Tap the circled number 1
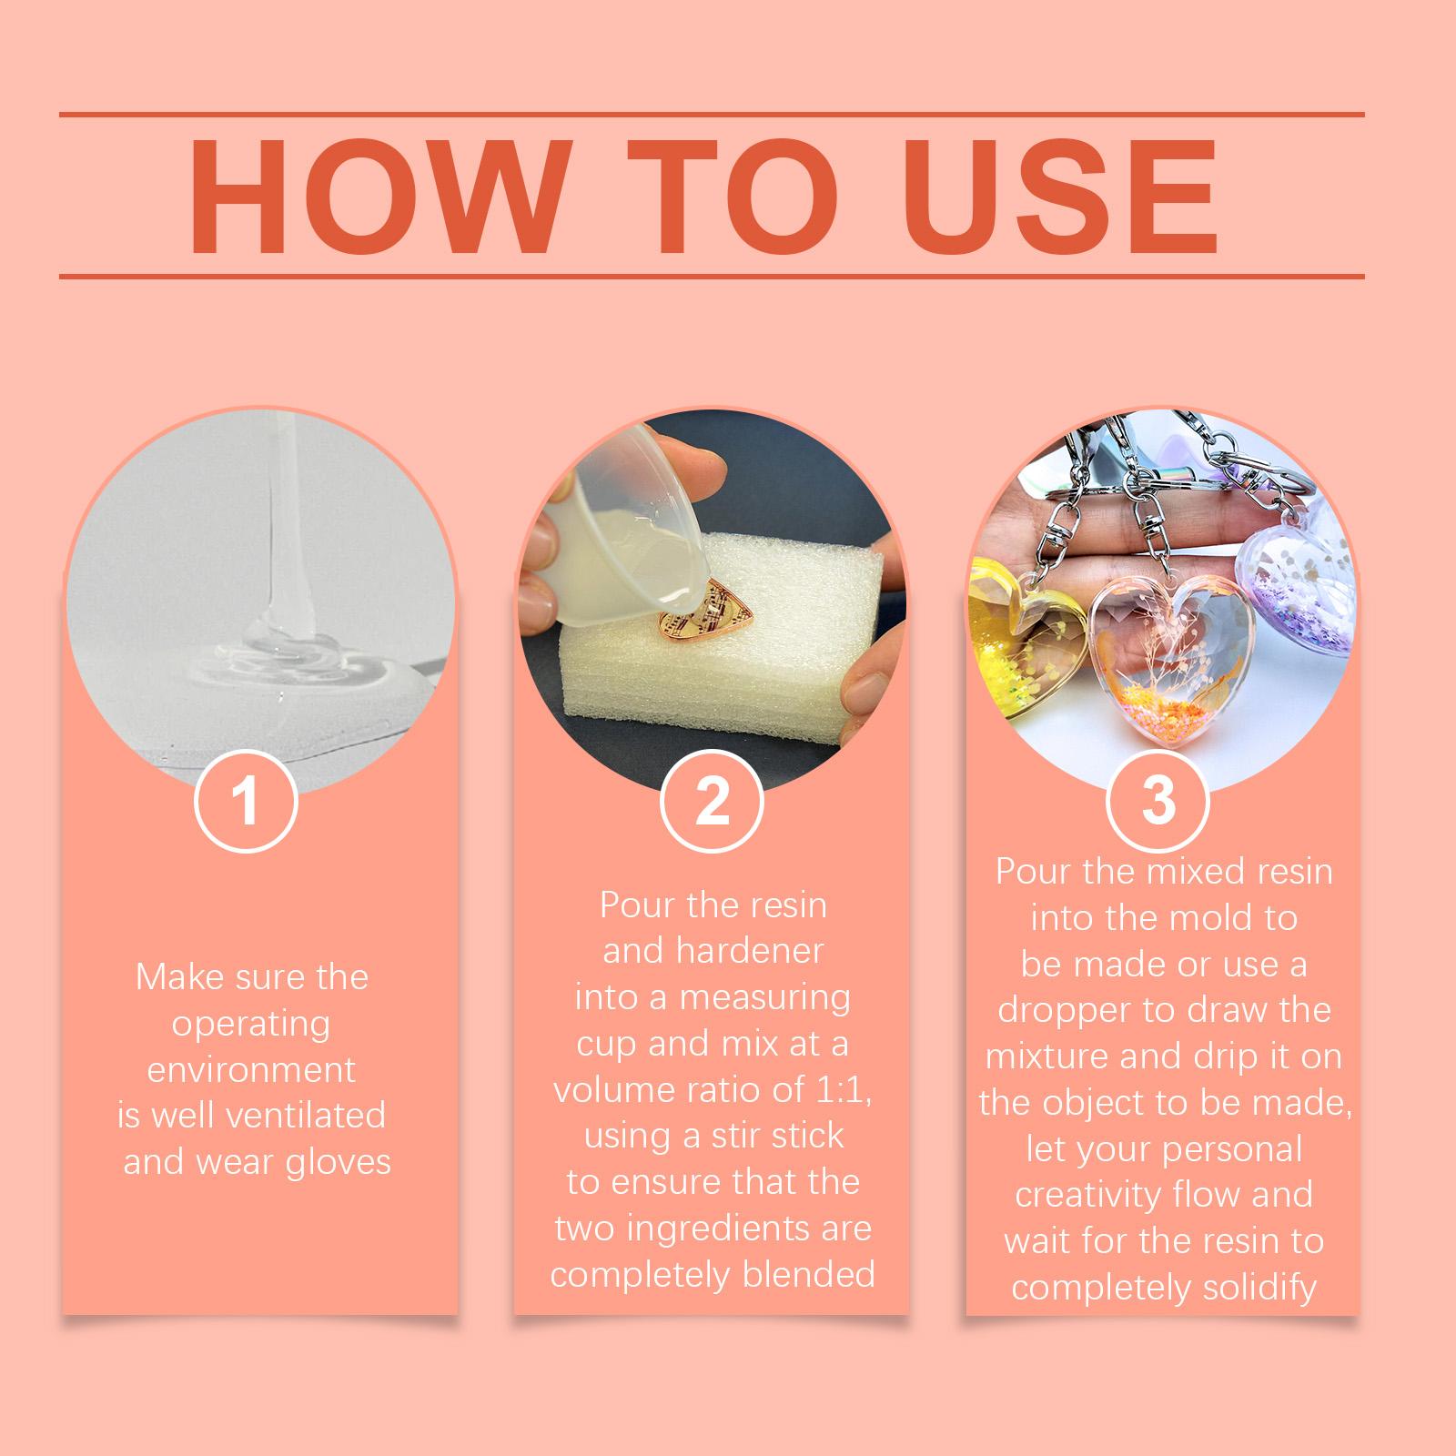click(247, 802)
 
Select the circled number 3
click(1158, 801)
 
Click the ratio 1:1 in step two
click(839, 1089)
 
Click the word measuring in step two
click(764, 998)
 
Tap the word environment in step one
click(251, 1068)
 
